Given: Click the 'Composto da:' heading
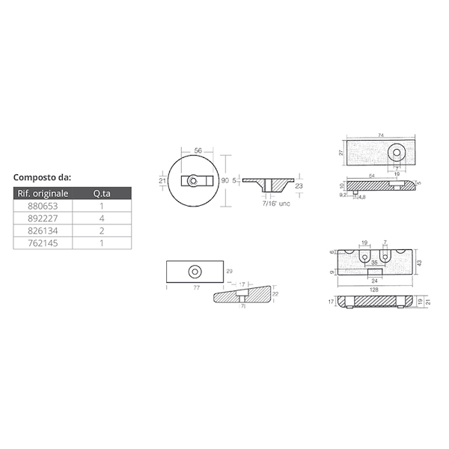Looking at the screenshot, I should tap(43, 178).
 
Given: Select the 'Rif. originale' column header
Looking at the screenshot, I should tap(43, 195).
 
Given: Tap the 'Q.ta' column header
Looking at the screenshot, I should tap(100, 195).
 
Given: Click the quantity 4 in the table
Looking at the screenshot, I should tap(100, 220).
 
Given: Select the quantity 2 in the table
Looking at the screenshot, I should tap(100, 232).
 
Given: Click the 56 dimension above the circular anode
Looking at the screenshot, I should tap(198, 150).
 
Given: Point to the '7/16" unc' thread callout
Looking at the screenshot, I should tap(275, 203).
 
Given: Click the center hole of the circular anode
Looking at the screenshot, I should tap(194, 180).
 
